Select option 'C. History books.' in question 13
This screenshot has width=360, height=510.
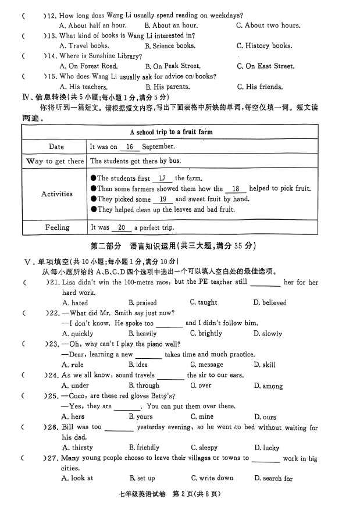coord(263,46)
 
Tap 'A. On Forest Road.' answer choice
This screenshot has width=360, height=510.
coord(88,66)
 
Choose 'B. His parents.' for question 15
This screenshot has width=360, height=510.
coord(167,87)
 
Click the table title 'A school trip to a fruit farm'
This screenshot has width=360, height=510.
coord(171,132)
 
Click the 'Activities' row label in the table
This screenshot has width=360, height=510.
coord(57,194)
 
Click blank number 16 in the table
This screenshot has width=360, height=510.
coord(129,147)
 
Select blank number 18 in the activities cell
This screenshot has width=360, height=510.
coord(236,189)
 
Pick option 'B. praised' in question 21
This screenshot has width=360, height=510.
coord(142,303)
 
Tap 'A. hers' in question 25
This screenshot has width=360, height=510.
coord(73,417)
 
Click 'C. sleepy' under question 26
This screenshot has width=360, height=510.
coord(204,448)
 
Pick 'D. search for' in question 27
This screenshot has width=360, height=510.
coord(273,479)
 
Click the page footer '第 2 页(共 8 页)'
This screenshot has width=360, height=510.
coord(198,495)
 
